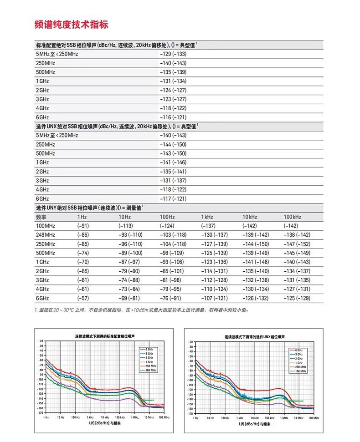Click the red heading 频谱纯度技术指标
click(x=72, y=25)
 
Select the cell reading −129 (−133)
click(x=173, y=54)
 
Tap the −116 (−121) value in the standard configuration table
click(x=173, y=117)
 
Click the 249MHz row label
click(x=45, y=234)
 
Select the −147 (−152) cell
click(x=297, y=244)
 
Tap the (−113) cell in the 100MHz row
click(x=125, y=226)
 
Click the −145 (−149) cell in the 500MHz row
click(x=297, y=253)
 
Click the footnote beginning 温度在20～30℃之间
click(x=142, y=310)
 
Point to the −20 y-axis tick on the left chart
click(x=41, y=341)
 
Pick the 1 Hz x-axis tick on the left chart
click(x=46, y=417)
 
